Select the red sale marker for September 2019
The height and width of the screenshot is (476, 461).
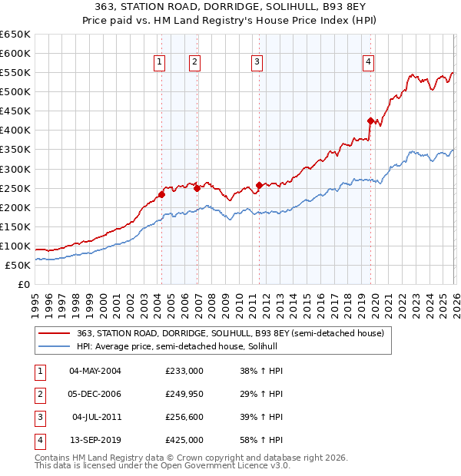(x=370, y=121)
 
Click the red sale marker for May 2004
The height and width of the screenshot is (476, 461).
(x=162, y=194)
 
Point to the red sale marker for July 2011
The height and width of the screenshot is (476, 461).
(x=259, y=185)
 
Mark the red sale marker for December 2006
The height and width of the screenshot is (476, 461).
(x=197, y=187)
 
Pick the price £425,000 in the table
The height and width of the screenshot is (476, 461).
(x=184, y=440)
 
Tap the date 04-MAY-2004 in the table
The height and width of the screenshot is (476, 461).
(x=95, y=371)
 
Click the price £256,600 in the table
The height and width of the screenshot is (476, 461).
(x=184, y=417)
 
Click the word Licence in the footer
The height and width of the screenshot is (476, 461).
(x=249, y=466)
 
